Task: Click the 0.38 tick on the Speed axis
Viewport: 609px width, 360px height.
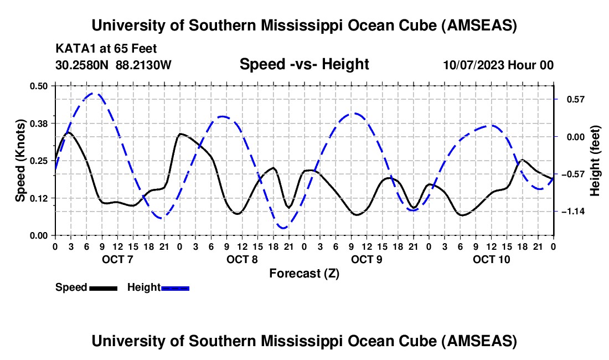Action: click(39, 122)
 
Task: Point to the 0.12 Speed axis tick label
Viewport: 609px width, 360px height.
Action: click(39, 198)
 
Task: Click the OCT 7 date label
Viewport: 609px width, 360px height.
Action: click(117, 259)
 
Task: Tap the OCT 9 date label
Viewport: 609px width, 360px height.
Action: click(366, 259)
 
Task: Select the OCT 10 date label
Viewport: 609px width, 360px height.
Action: click(491, 259)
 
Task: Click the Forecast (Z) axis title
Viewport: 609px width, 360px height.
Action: click(304, 273)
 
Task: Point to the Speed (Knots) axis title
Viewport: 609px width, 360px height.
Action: click(20, 161)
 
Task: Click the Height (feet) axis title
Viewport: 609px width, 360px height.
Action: click(595, 161)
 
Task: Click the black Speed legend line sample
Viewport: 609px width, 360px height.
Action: click(103, 288)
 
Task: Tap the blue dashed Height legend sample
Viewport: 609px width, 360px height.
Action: click(175, 288)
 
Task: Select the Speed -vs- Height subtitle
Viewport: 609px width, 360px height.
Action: click(304, 64)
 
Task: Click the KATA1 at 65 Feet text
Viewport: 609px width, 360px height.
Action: click(106, 49)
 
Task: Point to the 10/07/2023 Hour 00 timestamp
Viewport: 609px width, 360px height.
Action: click(498, 65)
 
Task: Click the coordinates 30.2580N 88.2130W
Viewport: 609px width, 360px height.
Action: click(113, 65)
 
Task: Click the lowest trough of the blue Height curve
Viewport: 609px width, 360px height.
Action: click(283, 228)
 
